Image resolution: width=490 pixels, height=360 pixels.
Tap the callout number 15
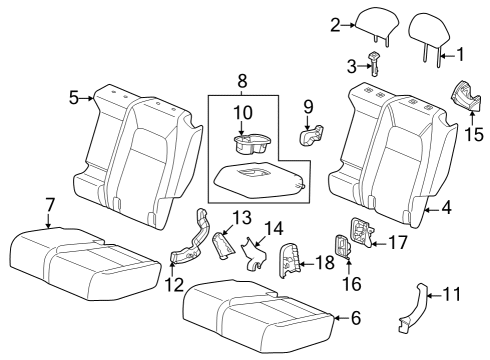(474, 132)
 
